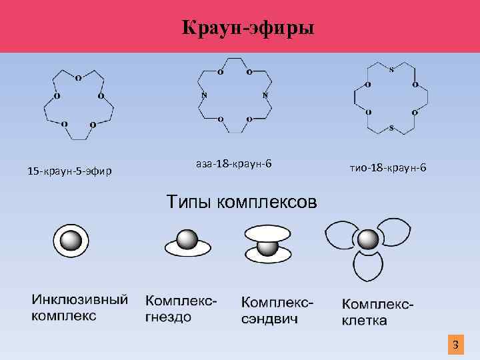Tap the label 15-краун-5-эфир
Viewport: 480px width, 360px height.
[70, 172]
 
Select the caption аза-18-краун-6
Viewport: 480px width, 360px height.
[234, 163]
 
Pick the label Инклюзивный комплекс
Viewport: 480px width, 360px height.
[80, 307]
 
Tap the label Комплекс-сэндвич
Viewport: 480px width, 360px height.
[277, 310]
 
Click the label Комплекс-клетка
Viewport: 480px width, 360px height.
[378, 312]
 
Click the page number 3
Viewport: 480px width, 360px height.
[455, 345]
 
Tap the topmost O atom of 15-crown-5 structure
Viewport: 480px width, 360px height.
[78, 78]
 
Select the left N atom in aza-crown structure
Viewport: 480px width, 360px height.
[203, 95]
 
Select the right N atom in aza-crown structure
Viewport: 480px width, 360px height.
[265, 95]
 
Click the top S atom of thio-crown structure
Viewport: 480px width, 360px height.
[391, 71]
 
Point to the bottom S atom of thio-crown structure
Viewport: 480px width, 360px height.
[391, 127]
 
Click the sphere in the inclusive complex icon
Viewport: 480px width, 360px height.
[70, 241]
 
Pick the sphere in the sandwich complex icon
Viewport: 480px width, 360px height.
[268, 247]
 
